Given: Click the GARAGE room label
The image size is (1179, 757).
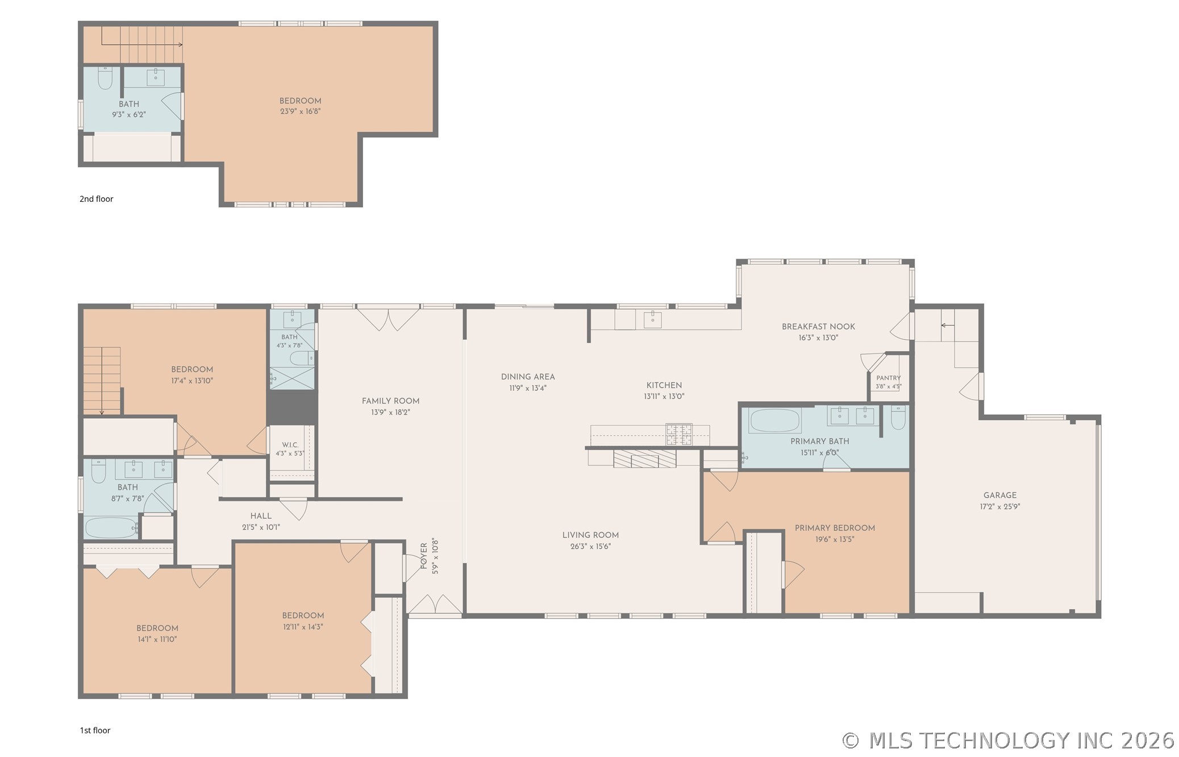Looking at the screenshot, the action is tap(1000, 495).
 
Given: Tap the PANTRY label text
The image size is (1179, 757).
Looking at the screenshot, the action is tap(889, 378).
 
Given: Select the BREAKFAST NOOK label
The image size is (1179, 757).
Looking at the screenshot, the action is tap(818, 327).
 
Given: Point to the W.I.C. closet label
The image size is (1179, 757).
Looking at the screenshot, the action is tap(290, 445).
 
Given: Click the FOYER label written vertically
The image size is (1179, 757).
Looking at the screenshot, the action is tap(424, 556).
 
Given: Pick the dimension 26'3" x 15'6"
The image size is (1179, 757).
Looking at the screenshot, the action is tap(590, 547).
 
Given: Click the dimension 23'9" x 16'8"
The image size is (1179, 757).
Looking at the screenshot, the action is tap(300, 111).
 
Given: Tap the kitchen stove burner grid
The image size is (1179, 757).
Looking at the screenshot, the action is tap(679, 434).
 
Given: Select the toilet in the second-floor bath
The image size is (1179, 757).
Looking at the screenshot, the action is tap(105, 78).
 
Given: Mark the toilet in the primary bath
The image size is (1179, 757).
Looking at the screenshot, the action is tap(898, 417).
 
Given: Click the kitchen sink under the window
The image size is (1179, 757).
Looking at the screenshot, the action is tap(652, 319).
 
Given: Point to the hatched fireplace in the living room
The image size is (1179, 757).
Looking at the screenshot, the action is tap(645, 458).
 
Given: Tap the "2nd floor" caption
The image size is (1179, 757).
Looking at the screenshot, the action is tap(97, 199).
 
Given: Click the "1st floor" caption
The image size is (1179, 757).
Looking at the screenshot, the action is tap(95, 730).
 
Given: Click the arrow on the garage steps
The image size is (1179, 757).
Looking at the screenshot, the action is tap(947, 326).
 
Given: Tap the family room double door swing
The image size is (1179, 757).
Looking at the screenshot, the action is tap(388, 319).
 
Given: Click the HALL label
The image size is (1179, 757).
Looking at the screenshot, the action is tap(261, 516).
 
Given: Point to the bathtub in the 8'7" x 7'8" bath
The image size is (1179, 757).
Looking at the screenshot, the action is tap(111, 528).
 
